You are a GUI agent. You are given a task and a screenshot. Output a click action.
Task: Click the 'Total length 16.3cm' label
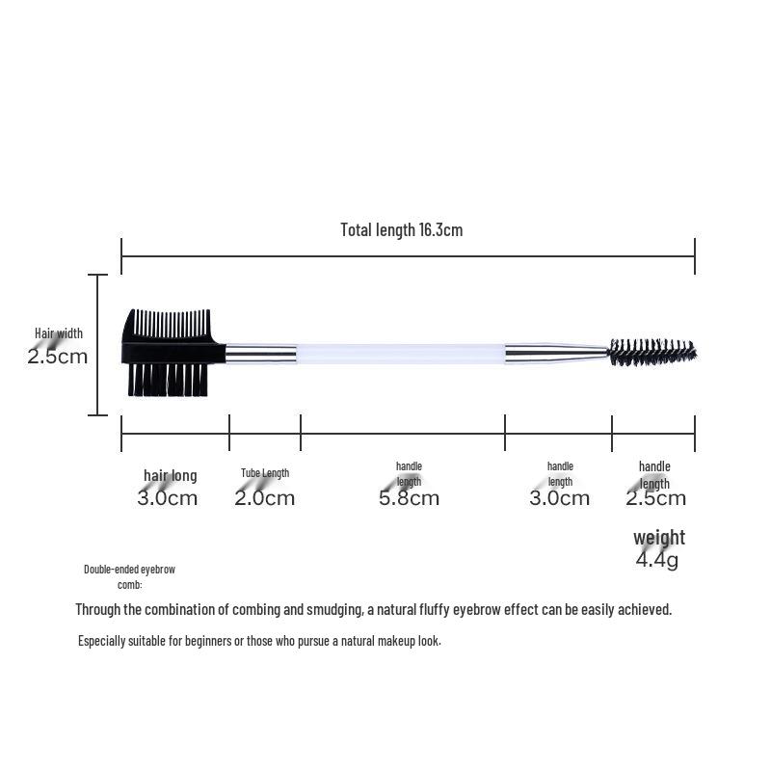[401, 229]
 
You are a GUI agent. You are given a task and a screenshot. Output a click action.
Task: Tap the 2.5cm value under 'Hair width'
[57, 356]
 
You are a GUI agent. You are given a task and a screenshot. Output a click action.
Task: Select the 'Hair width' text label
[59, 333]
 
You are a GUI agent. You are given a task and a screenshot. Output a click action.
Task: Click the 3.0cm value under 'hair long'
[168, 498]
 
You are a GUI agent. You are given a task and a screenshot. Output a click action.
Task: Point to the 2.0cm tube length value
[265, 498]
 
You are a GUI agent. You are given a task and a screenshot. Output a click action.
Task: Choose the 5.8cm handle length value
[409, 498]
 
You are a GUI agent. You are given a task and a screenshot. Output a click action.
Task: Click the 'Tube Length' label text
[265, 473]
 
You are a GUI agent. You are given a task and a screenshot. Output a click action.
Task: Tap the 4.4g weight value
[656, 559]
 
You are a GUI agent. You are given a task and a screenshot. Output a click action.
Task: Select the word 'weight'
[659, 537]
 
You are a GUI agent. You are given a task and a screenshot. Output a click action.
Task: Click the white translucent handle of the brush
[400, 354]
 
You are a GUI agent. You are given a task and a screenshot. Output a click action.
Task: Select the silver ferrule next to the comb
[260, 354]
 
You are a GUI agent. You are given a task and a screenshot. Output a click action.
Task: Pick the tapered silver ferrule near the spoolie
[557, 354]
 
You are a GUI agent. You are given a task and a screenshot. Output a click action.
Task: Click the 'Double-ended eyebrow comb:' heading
[129, 576]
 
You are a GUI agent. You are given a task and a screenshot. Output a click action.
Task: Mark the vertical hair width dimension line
[98, 345]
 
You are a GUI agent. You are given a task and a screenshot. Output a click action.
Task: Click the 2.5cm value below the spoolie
[655, 498]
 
